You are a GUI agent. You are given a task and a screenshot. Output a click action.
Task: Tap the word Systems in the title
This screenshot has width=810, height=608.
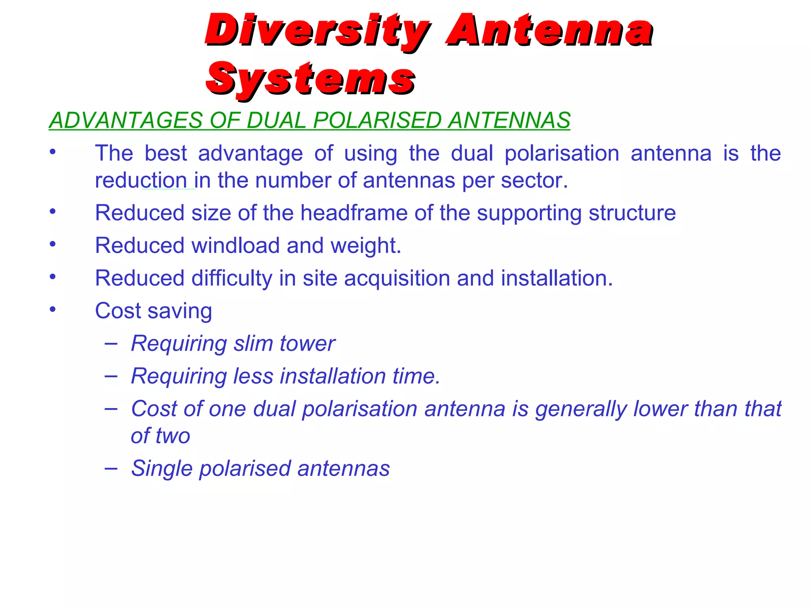coord(310,79)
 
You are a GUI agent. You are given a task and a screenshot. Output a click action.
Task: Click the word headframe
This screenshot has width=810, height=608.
coord(354,213)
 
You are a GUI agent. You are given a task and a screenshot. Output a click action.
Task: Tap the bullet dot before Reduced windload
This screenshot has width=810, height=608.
coord(53,244)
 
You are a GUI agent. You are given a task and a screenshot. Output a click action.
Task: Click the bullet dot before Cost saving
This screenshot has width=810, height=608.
coord(53,310)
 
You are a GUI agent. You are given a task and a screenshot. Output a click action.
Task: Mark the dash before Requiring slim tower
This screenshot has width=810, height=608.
coord(111,343)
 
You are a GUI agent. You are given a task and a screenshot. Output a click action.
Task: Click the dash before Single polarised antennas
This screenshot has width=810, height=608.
coord(111,468)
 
